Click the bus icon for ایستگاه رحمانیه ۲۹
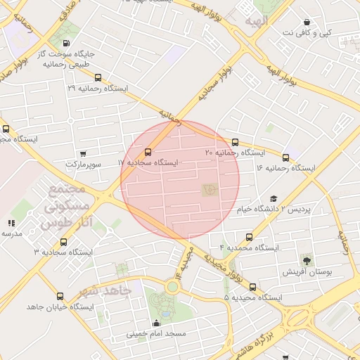(x=98, y=78)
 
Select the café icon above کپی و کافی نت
(x=306, y=22)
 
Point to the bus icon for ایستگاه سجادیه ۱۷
(x=148, y=152)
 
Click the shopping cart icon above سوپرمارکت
(x=84, y=153)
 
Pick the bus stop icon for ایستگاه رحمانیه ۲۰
(x=235, y=142)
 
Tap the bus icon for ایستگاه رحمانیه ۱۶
(x=285, y=157)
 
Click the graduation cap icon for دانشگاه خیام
(x=274, y=199)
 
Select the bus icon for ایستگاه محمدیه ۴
(x=250, y=238)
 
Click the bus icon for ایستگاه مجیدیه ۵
(x=252, y=287)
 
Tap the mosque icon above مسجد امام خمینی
(x=156, y=323)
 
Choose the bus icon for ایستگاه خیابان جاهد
(x=59, y=297)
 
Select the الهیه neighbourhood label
(x=257, y=22)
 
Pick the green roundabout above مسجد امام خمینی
(x=172, y=286)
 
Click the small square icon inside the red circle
(x=209, y=189)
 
